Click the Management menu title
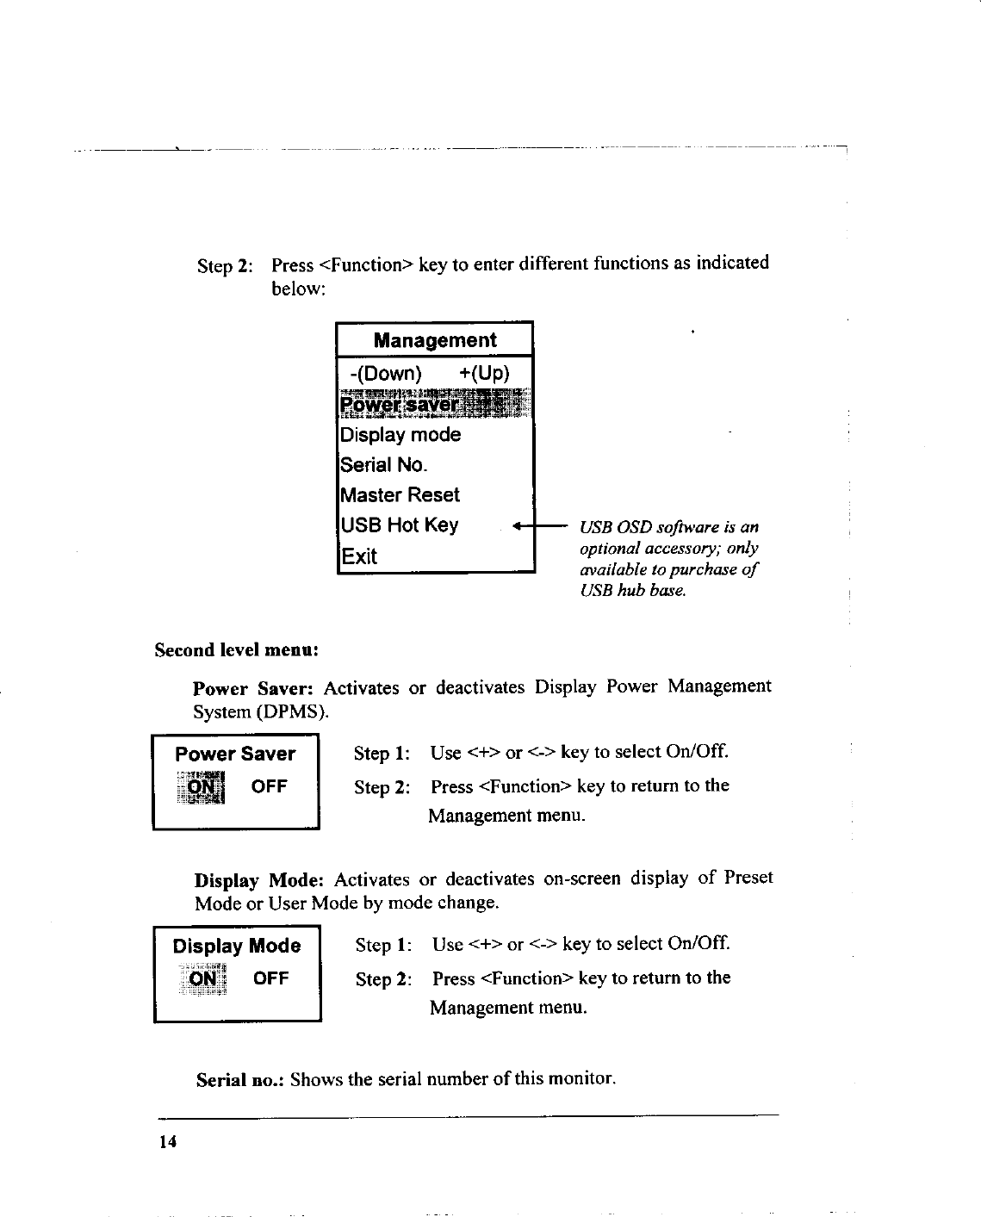435,340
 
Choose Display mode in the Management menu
400,435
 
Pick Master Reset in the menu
400,495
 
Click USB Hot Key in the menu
399,525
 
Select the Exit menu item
359,556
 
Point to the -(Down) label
386,374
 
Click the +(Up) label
484,374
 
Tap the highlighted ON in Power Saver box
202,787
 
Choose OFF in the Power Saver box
269,786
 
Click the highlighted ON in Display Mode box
203,979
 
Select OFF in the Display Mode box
270,978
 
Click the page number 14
167,1142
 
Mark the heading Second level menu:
237,649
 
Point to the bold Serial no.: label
240,1080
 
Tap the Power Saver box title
234,754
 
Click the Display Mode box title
237,947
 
